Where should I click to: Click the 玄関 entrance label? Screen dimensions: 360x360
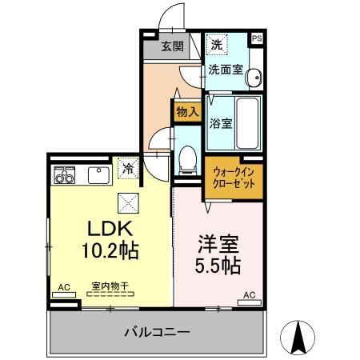172,46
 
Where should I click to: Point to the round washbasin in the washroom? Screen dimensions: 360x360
253,78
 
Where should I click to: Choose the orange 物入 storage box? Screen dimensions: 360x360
186,113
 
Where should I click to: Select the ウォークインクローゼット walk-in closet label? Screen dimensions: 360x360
234,177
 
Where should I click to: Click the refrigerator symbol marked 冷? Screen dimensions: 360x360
127,168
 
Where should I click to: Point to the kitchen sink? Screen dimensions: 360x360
100,174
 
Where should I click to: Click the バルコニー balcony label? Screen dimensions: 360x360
156,331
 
